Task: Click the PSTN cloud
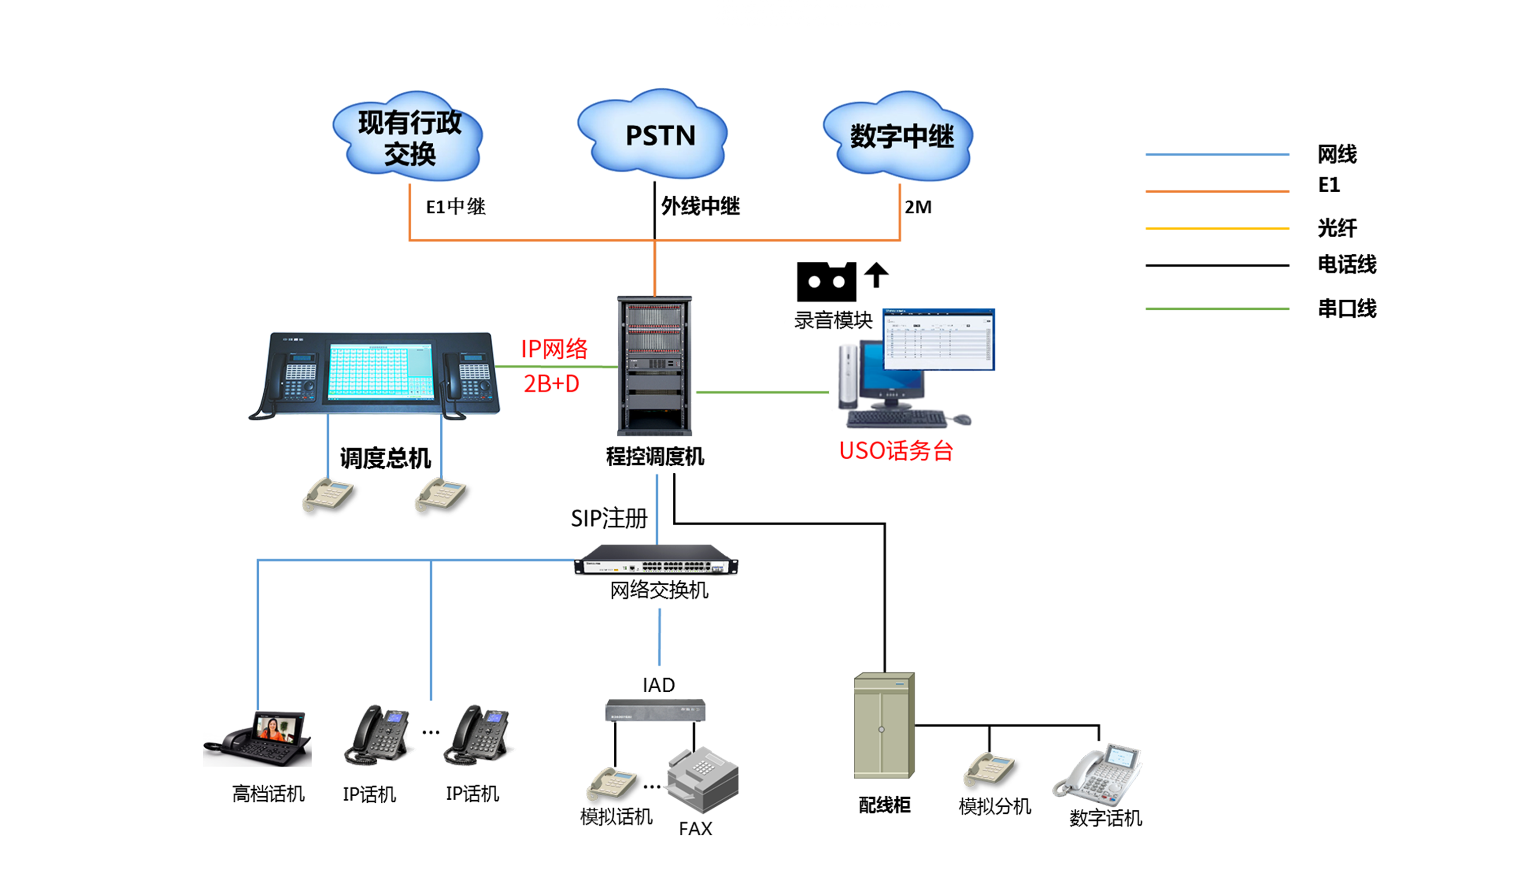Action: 655,135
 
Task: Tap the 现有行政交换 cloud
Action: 409,137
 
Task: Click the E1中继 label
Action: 455,206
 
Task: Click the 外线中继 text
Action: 700,206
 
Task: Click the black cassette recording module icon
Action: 826,282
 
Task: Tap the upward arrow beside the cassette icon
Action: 876,275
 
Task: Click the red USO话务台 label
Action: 895,451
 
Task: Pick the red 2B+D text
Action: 551,383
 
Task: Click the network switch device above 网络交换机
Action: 656,560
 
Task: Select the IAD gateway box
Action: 655,710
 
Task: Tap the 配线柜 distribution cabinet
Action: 883,726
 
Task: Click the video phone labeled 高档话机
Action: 258,739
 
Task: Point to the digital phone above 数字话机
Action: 1099,775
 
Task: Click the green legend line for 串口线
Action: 1216,309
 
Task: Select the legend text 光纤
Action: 1336,228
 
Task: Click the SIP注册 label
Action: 609,518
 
